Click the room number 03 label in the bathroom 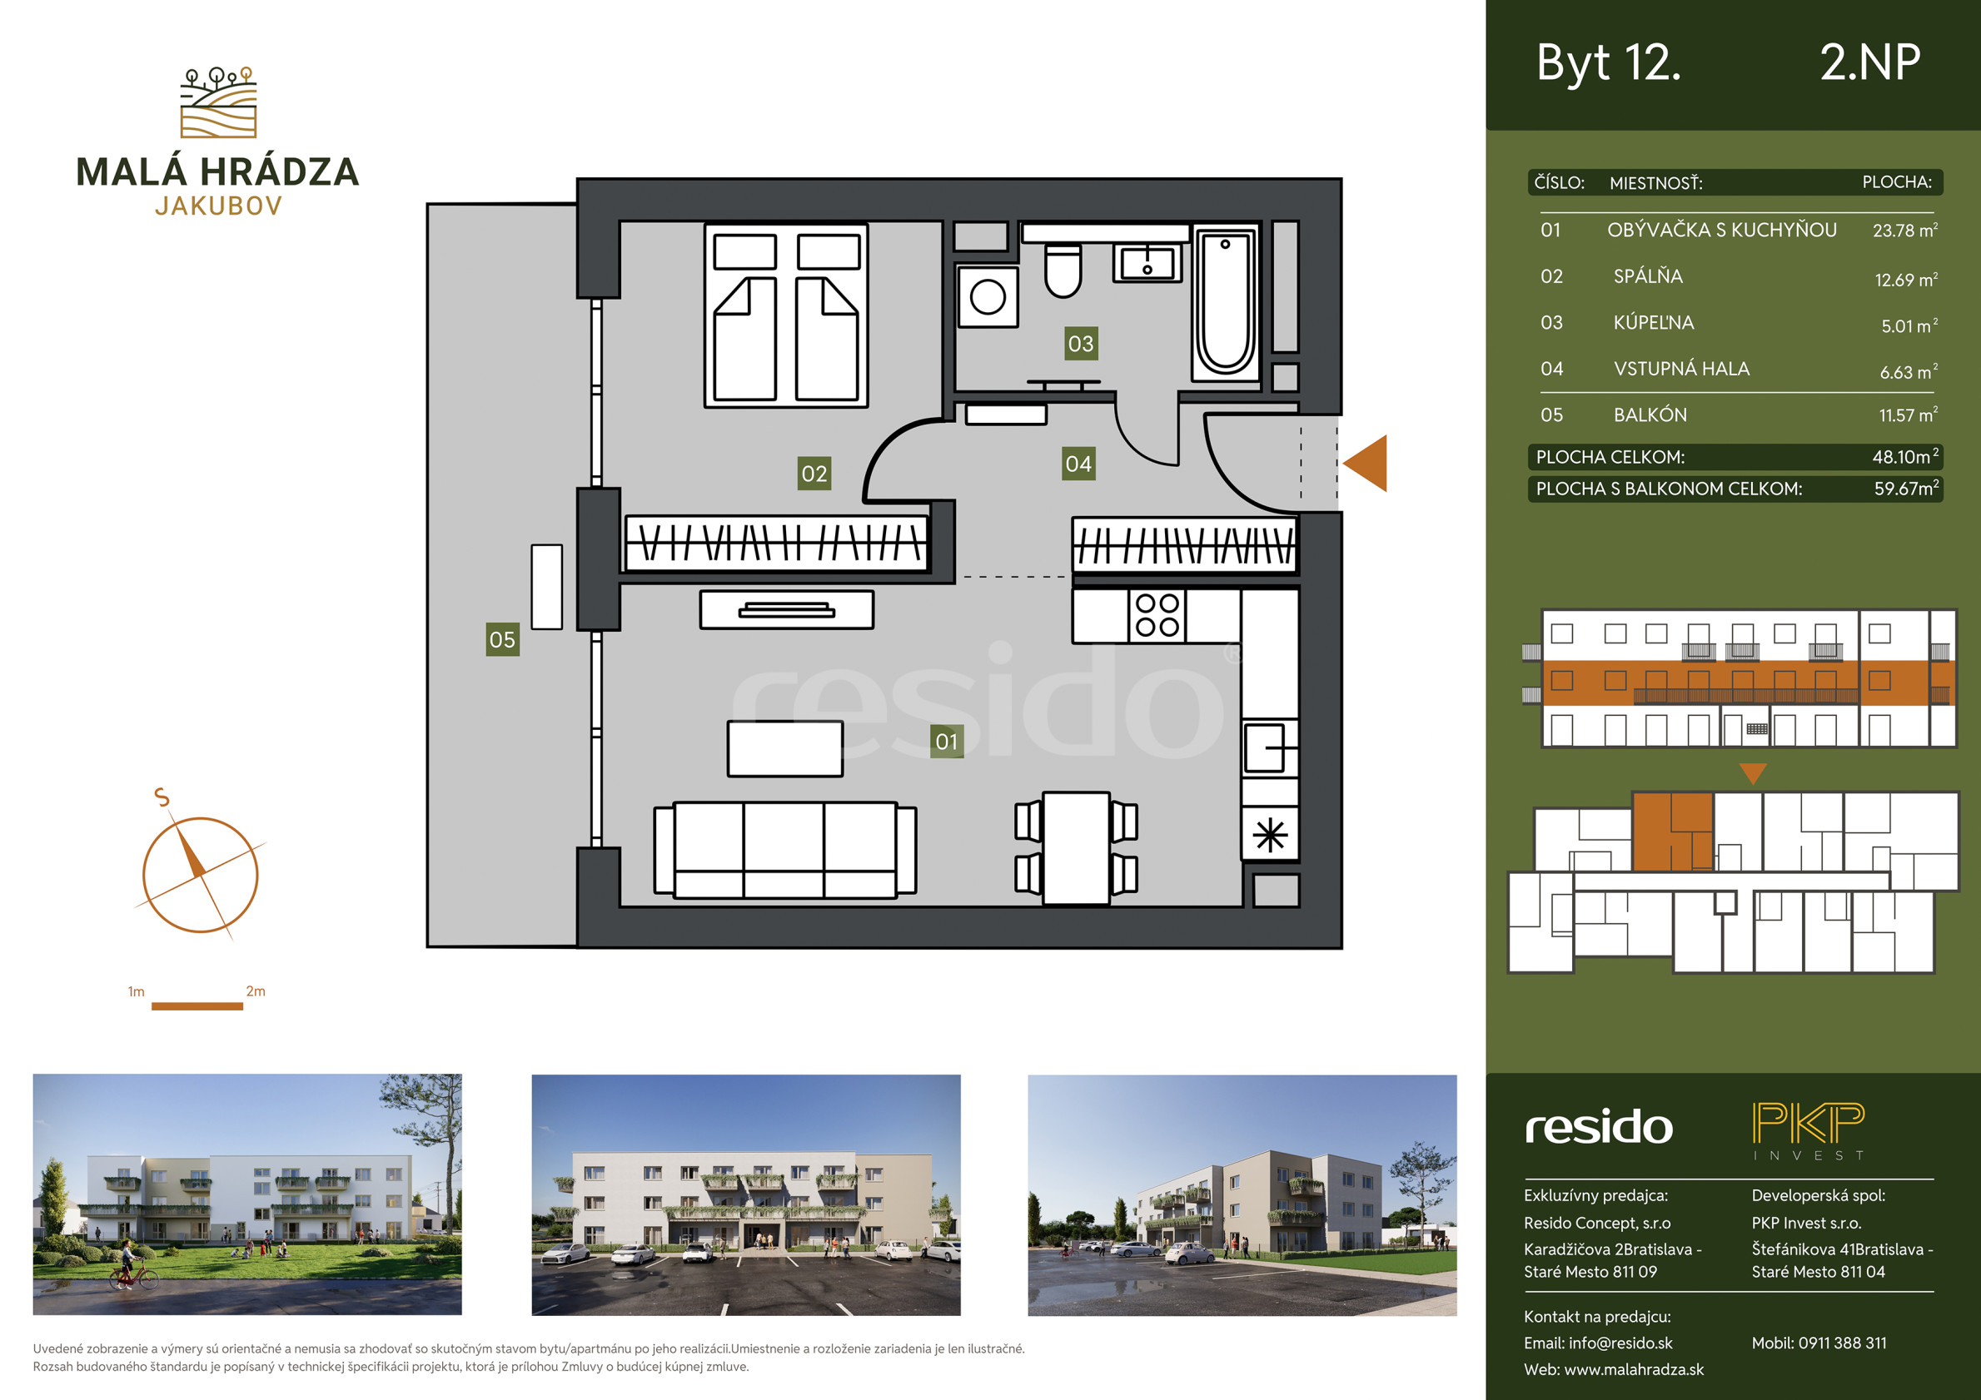1080,343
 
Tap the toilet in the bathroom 1063,269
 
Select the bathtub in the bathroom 1225,303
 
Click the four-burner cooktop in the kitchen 1157,615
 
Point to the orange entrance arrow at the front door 1366,464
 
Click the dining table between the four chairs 1076,848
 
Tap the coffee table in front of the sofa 784,749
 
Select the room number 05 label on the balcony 502,639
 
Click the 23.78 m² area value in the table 1905,231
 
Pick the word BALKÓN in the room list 1650,415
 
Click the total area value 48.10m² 1905,456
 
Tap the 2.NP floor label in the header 1869,62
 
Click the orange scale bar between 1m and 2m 197,1005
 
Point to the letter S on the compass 162,797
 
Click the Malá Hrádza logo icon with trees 218,102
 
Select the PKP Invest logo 1809,1131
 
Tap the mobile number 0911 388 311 1843,1343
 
